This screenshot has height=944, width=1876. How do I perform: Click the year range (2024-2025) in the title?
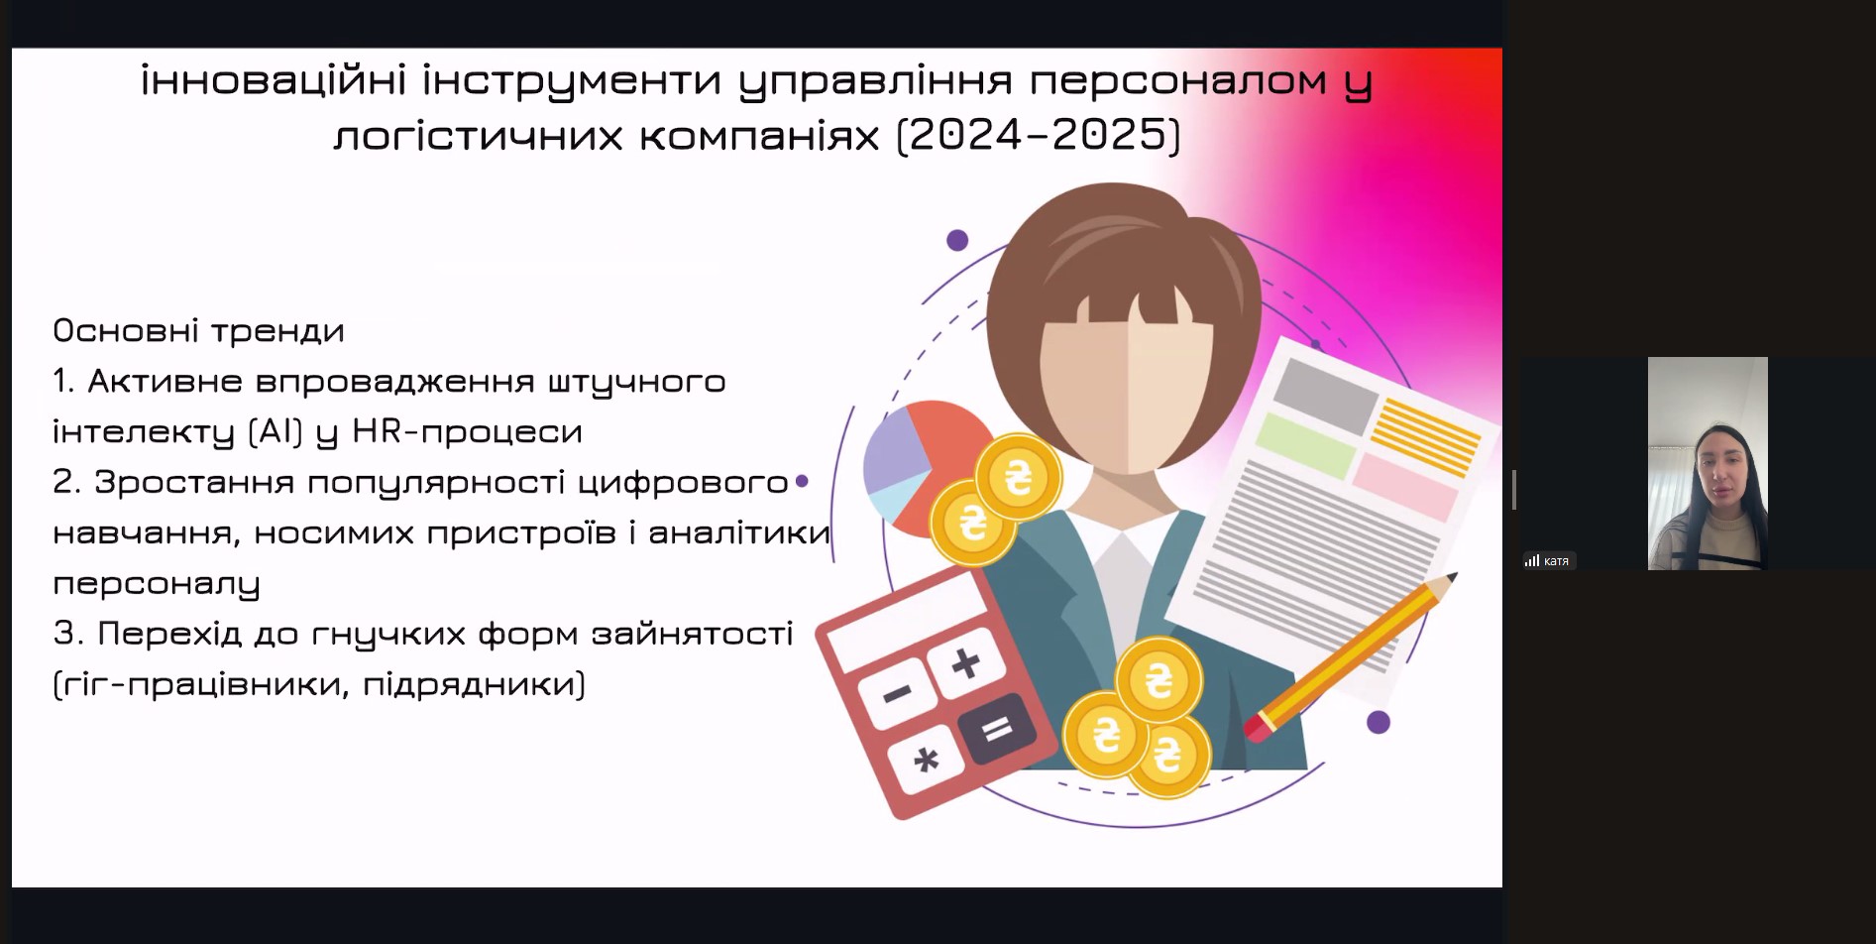pyautogui.click(x=1039, y=135)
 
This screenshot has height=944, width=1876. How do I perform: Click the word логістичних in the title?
pyautogui.click(x=478, y=136)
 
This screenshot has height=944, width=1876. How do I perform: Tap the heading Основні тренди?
pyautogui.click(x=198, y=330)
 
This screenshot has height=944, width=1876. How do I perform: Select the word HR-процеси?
pyautogui.click(x=467, y=432)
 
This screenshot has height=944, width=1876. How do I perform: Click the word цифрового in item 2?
pyautogui.click(x=683, y=483)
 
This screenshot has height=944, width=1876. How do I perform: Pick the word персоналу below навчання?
pyautogui.click(x=157, y=584)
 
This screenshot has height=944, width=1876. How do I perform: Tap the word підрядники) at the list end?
pyautogui.click(x=475, y=684)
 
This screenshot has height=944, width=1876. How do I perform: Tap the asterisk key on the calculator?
pyautogui.click(x=926, y=761)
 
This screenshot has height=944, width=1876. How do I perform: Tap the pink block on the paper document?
pyautogui.click(x=1404, y=486)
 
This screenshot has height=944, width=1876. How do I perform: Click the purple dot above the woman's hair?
pyautogui.click(x=957, y=240)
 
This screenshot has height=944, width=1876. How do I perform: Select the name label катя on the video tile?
pyautogui.click(x=1556, y=561)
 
